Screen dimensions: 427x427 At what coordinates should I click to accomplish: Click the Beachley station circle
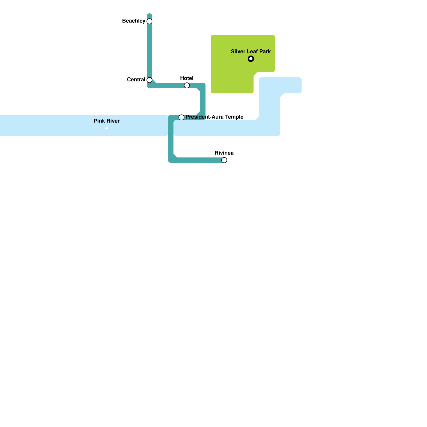[x=149, y=21]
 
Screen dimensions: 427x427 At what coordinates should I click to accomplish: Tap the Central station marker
[x=149, y=80]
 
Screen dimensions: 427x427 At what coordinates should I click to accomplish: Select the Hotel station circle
[x=187, y=85]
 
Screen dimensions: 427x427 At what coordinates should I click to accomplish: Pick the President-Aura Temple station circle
[x=181, y=117]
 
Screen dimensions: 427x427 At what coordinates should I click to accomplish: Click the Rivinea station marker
[x=224, y=160]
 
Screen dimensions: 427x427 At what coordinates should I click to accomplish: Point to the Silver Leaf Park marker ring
[x=251, y=59]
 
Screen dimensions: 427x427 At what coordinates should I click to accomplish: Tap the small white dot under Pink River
[x=107, y=128]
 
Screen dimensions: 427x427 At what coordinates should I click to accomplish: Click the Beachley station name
[x=134, y=21]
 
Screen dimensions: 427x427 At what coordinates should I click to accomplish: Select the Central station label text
[x=136, y=80]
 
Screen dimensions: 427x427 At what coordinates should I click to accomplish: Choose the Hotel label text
[x=187, y=78]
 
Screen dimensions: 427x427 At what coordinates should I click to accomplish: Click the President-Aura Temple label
[x=214, y=117]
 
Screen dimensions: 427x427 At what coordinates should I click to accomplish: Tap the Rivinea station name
[x=224, y=153]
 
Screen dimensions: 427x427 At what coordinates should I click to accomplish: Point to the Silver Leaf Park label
[x=251, y=52]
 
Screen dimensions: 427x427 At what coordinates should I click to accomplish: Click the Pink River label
[x=107, y=121]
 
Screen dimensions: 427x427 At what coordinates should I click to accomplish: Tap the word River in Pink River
[x=113, y=121]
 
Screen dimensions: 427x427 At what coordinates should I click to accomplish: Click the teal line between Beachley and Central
[x=149, y=51]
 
